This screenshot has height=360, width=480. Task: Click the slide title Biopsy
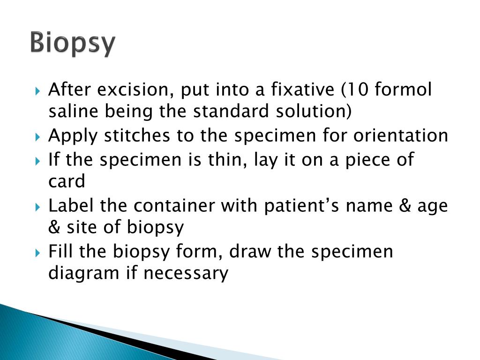pos(73,44)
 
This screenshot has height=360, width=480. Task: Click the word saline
pos(74,112)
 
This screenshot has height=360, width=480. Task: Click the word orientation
pos(401,136)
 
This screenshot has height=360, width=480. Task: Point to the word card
pos(67,181)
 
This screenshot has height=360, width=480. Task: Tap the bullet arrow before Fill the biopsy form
pos(38,253)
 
